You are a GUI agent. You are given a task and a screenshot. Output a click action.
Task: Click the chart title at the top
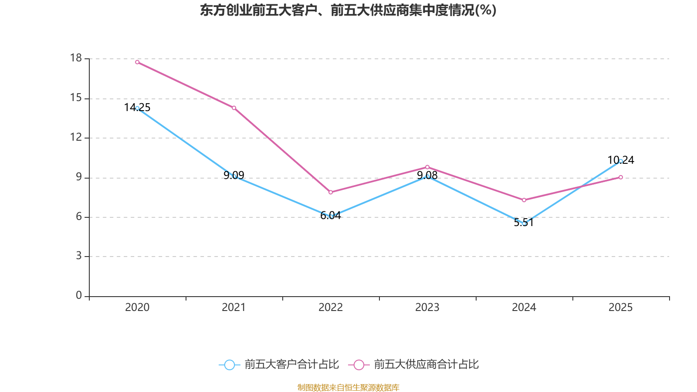348,10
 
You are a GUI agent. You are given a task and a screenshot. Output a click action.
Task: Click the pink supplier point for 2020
137,62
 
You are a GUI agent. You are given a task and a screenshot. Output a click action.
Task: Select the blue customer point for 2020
137,108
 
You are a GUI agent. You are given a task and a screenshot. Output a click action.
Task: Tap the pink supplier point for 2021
234,108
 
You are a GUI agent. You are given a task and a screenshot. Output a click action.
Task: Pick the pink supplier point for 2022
331,192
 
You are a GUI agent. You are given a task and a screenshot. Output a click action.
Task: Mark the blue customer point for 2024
524,223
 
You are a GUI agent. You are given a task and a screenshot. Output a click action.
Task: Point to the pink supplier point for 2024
524,200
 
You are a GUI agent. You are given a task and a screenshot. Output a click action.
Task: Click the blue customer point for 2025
621,161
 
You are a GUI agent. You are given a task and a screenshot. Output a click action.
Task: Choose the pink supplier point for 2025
621,177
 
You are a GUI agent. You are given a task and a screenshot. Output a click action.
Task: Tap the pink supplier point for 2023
427,167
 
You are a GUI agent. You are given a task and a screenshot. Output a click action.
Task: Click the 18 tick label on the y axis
76,58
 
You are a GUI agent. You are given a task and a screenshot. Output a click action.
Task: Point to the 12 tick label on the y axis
76,137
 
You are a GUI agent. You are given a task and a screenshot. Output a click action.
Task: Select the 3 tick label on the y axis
79,256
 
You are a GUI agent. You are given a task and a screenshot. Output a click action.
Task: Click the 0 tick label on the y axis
79,296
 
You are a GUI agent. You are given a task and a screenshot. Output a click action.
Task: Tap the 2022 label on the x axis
331,308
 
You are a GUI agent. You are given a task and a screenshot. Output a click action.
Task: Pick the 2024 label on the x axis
524,308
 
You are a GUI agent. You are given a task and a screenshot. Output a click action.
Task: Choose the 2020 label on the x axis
137,308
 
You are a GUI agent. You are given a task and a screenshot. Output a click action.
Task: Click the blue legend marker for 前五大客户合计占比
229,365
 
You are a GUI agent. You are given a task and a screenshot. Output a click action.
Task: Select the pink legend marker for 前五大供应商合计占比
359,365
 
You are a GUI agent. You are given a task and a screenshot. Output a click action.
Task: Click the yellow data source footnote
348,387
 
